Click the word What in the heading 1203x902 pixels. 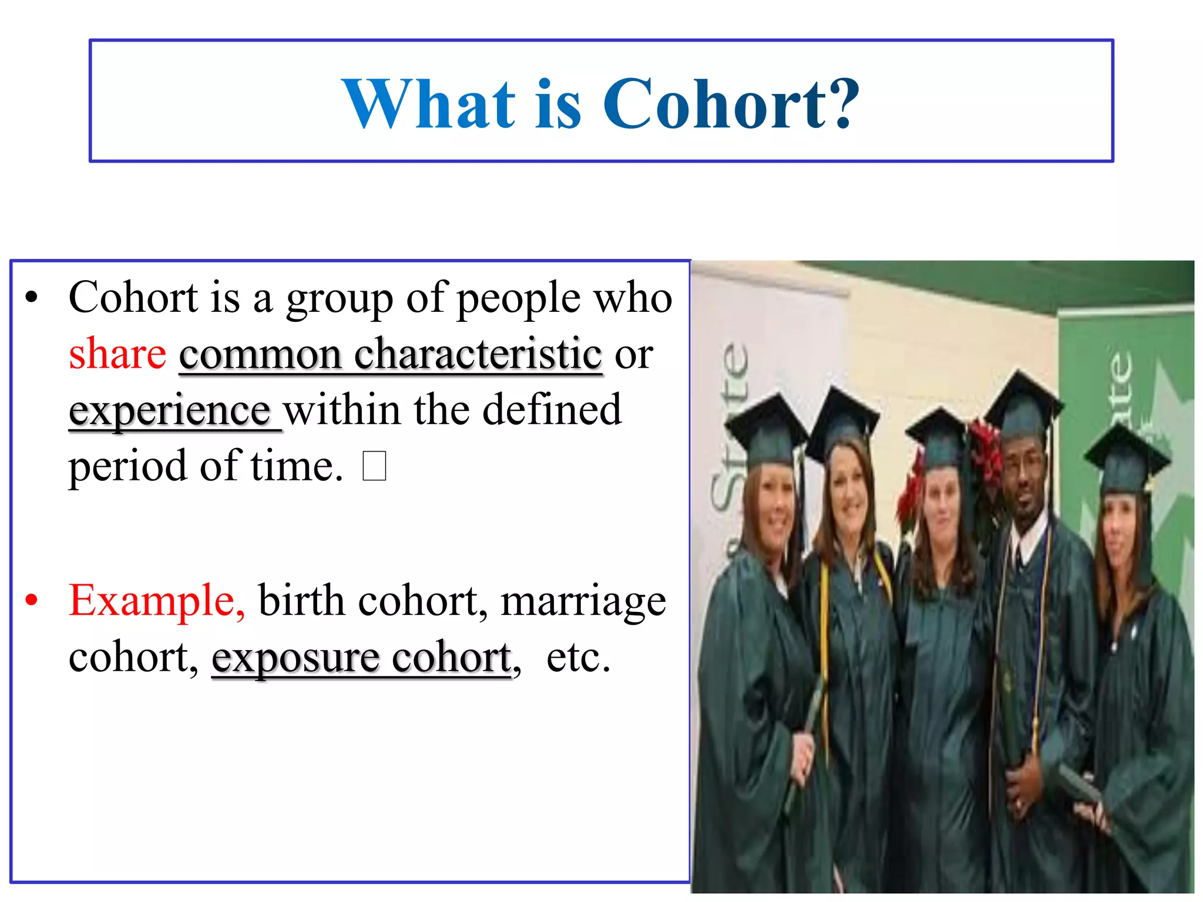(x=429, y=105)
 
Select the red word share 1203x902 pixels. (x=117, y=354)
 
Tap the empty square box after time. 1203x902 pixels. (x=374, y=466)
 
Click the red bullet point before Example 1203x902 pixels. (x=32, y=601)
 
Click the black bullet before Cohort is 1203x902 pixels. (x=32, y=297)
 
